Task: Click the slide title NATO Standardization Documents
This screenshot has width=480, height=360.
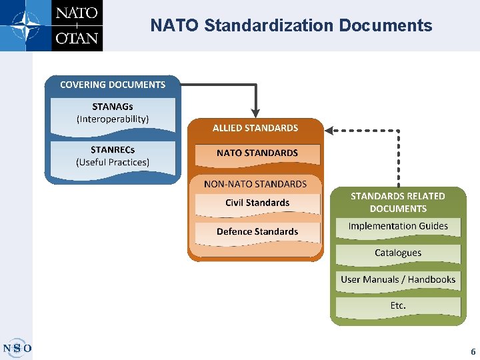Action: point(291,26)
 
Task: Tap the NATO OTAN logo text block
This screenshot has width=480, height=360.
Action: point(77,25)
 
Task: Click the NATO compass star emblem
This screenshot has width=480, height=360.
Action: point(25,25)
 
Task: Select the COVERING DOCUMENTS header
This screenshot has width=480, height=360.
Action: point(113,85)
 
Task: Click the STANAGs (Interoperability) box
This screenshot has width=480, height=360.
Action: point(113,113)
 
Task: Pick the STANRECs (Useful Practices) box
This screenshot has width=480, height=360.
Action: point(113,156)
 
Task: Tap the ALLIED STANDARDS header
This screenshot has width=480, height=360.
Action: point(255,128)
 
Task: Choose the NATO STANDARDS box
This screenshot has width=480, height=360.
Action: point(257,153)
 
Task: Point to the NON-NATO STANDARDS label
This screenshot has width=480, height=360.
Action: point(255,183)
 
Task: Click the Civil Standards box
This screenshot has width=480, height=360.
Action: point(257,203)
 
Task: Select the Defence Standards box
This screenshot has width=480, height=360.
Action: point(257,232)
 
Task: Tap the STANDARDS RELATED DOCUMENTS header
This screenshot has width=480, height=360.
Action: point(398,202)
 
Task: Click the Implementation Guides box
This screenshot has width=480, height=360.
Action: point(398,227)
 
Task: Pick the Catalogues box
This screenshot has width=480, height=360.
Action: point(398,253)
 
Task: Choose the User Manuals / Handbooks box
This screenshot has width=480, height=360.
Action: point(398,280)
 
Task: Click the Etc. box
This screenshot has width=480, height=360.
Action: point(398,306)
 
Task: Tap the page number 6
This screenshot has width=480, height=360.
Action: point(473,351)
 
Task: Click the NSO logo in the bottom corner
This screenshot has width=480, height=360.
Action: point(17,347)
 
